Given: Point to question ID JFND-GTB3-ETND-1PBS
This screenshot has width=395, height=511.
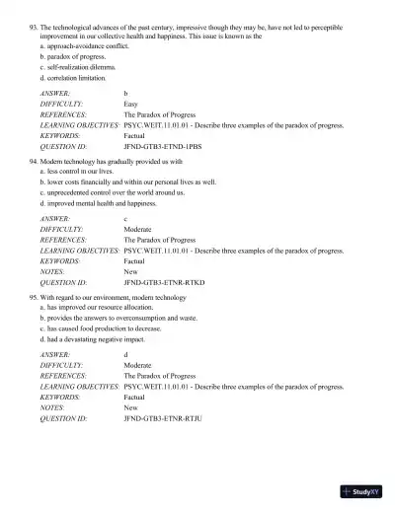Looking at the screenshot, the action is point(163,145).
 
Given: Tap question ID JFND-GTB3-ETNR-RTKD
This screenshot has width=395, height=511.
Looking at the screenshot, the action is point(163,281).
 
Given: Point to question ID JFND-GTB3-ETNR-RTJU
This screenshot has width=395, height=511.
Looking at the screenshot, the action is point(163,418).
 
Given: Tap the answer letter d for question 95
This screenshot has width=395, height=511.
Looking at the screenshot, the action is point(125,352).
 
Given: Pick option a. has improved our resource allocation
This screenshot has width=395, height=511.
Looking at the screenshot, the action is point(96,307).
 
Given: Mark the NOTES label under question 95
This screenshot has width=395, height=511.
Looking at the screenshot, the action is point(51,405).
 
